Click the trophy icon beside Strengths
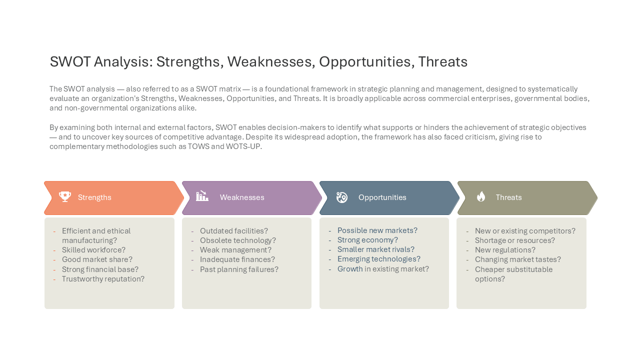[x=65, y=197]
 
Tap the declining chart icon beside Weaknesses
[x=202, y=196]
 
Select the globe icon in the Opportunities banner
[x=341, y=197]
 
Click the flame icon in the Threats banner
[x=481, y=196]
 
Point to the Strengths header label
[x=94, y=197]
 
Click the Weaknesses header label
[x=242, y=197]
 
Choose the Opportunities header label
[x=382, y=197]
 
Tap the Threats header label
[x=508, y=197]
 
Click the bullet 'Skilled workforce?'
[x=93, y=250]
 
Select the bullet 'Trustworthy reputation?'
[x=103, y=279]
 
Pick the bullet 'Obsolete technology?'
[x=238, y=240]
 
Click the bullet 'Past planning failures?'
[x=239, y=269]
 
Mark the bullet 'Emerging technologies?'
[x=379, y=259]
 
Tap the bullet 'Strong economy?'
[x=367, y=240]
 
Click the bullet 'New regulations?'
[x=505, y=250]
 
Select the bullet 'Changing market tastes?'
[x=518, y=259]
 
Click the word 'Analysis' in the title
[x=123, y=62]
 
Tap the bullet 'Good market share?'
[x=97, y=259]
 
